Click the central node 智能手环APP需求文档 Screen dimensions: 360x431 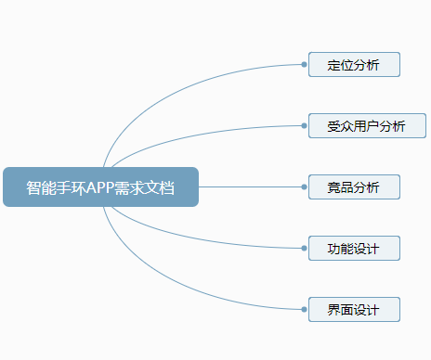[100, 186]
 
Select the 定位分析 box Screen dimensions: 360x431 [354, 65]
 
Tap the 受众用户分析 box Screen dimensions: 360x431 [367, 126]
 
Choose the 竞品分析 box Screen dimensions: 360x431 [354, 186]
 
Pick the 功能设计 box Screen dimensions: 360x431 [354, 248]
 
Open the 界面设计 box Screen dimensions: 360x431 [354, 309]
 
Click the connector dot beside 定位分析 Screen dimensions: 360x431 [305, 65]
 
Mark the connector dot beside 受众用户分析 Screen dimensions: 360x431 [305, 126]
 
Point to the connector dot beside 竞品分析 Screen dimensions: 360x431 [305, 186]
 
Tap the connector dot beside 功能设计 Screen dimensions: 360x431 [305, 248]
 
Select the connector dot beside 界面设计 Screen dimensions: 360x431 [305, 309]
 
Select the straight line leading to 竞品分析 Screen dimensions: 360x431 [251, 186]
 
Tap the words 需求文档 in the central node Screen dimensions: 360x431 [143, 186]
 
